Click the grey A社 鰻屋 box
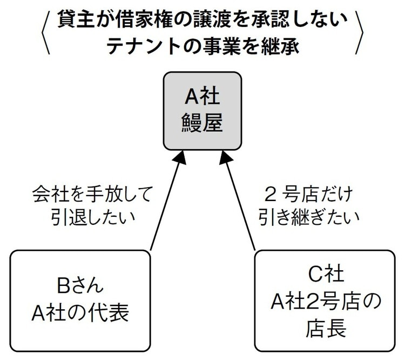tap(202, 111)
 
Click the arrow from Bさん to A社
tap(166, 203)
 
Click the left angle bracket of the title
tap(45, 32)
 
